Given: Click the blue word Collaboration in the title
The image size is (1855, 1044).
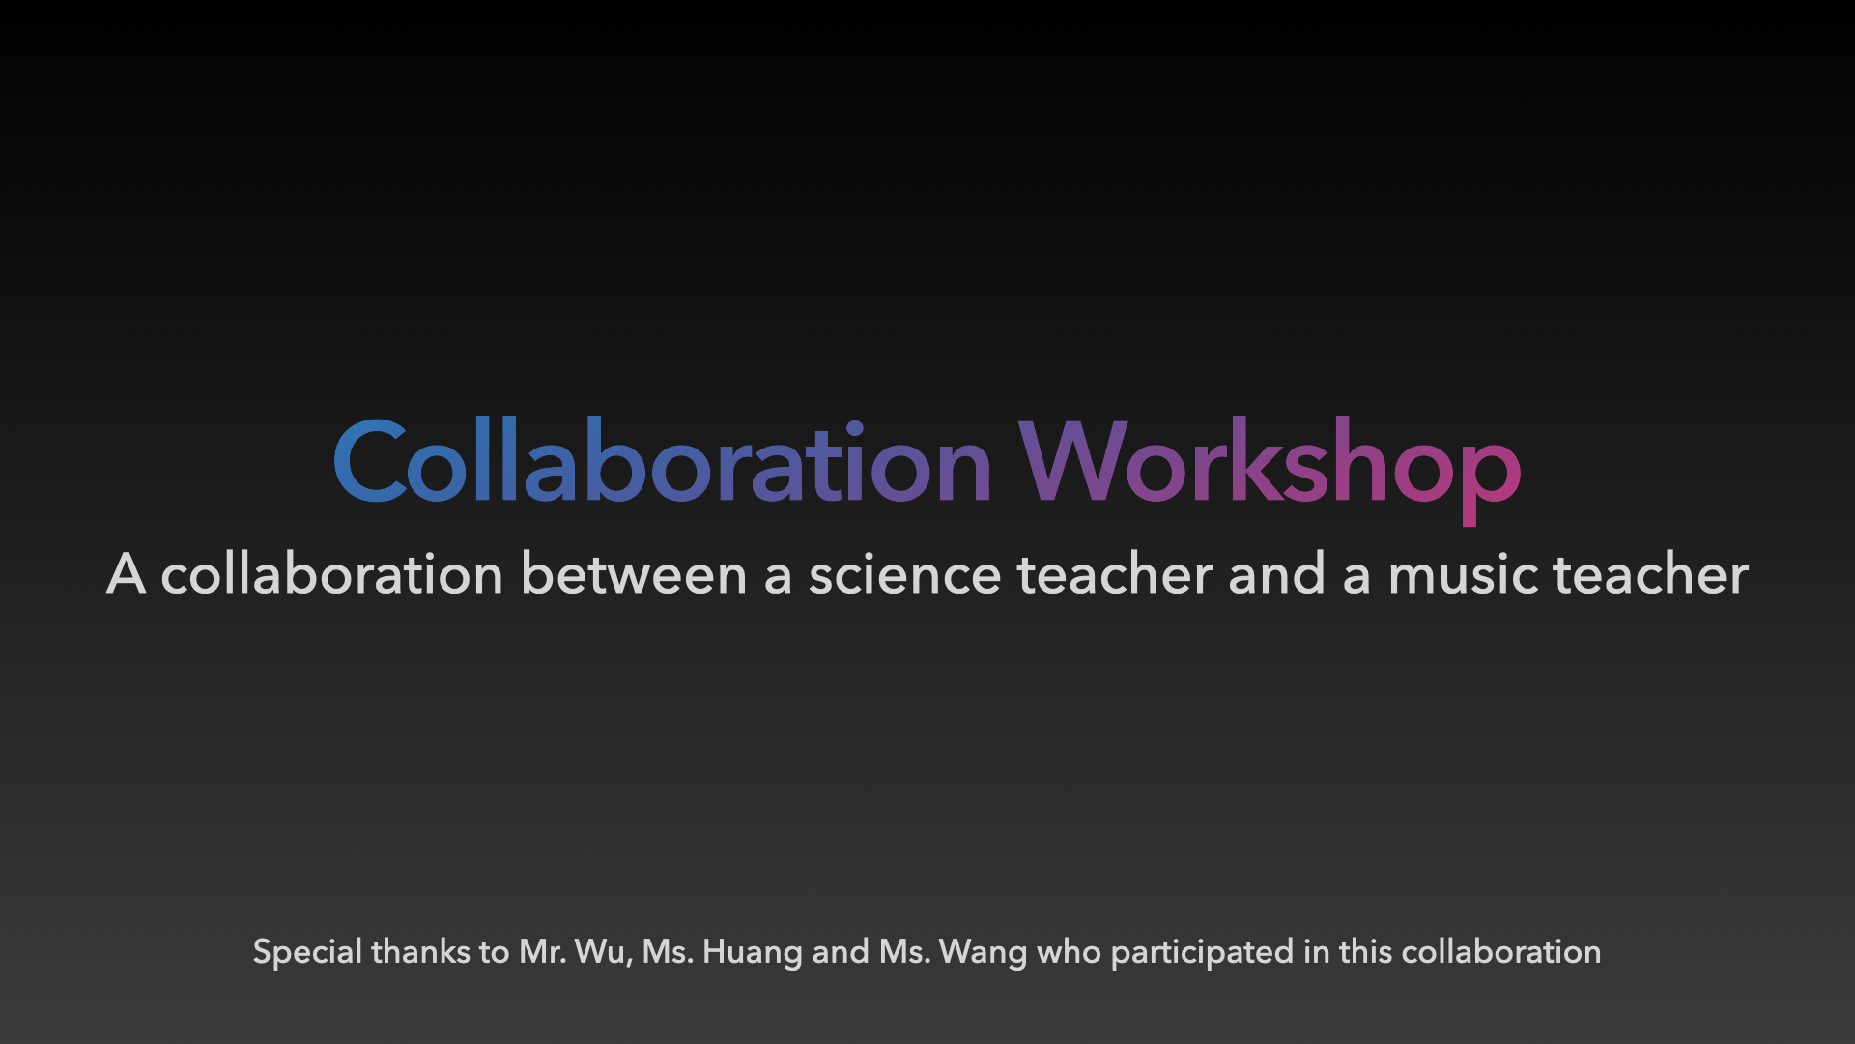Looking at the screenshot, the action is tap(663, 462).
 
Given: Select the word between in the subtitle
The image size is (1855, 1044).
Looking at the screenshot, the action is tap(634, 573).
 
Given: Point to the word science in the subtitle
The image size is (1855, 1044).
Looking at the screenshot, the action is tap(904, 573).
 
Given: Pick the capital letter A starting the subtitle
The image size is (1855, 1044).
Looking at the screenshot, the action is tap(126, 573).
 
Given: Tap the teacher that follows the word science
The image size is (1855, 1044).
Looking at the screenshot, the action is tap(1115, 573).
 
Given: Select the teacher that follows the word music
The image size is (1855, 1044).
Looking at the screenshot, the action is tap(1651, 573).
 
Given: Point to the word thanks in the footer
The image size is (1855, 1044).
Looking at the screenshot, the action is tap(421, 951).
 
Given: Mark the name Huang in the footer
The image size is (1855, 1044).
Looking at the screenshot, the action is tap(752, 953).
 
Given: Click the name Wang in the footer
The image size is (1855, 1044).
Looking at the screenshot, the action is tap(983, 953).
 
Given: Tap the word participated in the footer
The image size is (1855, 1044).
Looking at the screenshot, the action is tap(1202, 953).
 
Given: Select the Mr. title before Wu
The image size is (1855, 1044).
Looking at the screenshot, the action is tap(543, 952).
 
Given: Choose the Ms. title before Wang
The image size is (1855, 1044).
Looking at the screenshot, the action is tap(904, 952).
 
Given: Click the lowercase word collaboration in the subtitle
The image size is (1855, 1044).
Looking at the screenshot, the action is tap(332, 573).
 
